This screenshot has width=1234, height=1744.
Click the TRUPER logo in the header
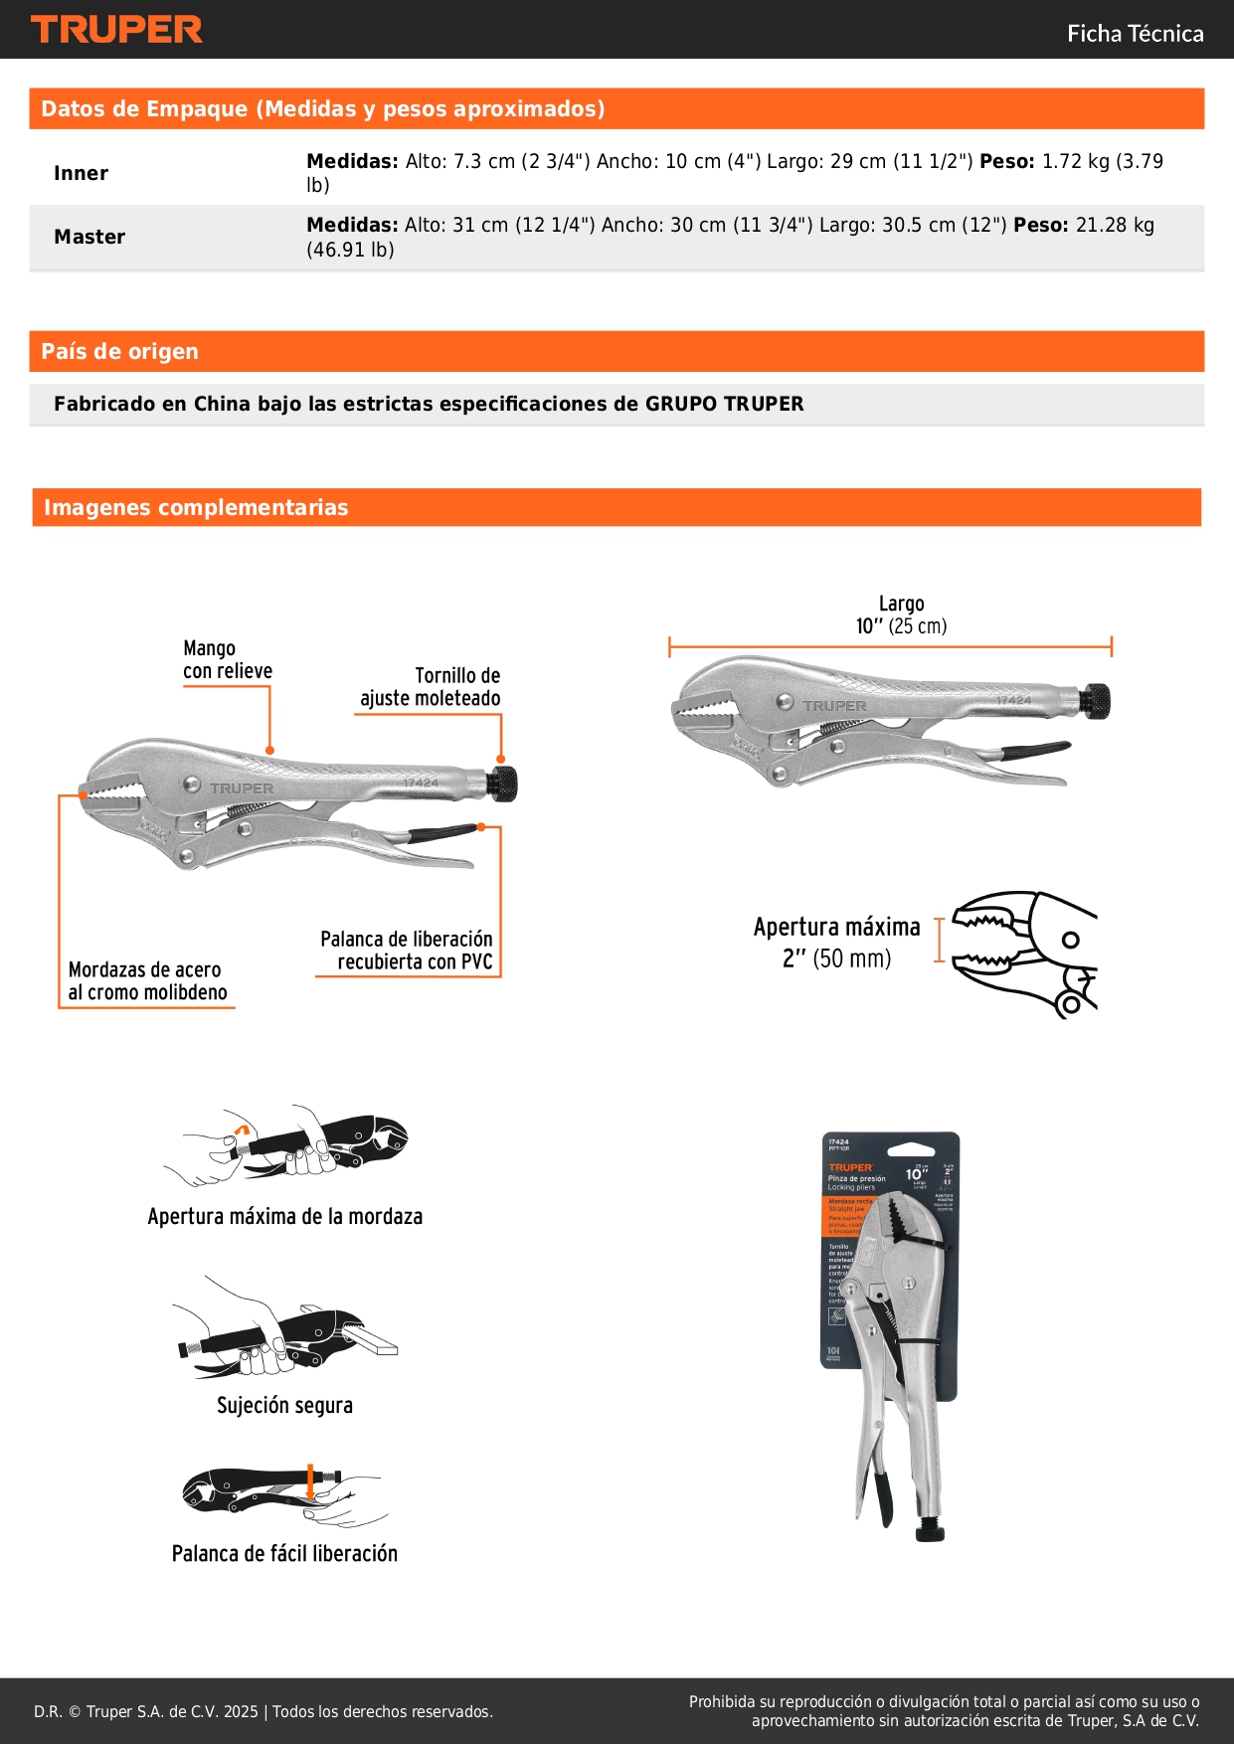click(116, 30)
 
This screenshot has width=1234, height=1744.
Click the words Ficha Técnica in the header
click(1135, 34)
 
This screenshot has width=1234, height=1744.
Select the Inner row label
click(82, 173)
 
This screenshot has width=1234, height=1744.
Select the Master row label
click(89, 237)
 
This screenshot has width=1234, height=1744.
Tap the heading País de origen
click(120, 351)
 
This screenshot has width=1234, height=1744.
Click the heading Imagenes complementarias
click(196, 507)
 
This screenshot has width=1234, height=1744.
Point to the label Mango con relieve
click(227, 660)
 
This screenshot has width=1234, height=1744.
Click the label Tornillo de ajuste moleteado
click(433, 687)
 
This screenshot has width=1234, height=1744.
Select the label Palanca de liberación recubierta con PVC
click(408, 951)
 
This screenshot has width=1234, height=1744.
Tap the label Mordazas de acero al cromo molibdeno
click(147, 981)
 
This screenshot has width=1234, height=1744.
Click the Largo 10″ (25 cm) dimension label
click(901, 615)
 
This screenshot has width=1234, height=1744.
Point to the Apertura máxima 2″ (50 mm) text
click(836, 943)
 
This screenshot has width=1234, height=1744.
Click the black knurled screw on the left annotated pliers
click(503, 785)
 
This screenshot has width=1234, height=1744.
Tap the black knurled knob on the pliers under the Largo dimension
click(1096, 701)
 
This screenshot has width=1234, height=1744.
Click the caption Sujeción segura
click(284, 1405)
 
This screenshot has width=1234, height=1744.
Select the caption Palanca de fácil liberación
click(284, 1554)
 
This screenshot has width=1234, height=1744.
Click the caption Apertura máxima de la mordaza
click(284, 1216)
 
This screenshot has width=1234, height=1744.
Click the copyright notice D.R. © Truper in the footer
click(264, 1711)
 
